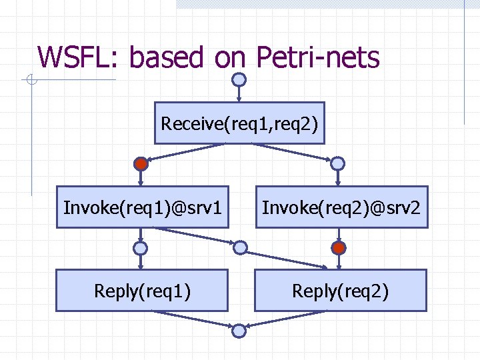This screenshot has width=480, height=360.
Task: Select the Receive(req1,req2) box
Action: pos(239,123)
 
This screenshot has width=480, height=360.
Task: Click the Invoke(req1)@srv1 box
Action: pos(142,207)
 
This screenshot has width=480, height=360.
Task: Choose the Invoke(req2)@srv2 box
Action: pos(341,207)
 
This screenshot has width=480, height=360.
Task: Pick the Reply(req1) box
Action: pos(142,291)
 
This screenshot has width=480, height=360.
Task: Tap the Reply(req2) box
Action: pos(340,291)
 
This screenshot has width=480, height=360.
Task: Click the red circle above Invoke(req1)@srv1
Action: pos(141,163)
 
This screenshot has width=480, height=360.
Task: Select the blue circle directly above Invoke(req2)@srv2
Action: pos(339,163)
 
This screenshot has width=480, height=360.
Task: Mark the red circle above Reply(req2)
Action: pos(339,248)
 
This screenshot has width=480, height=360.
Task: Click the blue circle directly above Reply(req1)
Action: pos(141,248)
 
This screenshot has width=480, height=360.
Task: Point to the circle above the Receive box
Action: pos(239,79)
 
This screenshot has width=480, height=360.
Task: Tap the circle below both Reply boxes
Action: pos(239,330)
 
